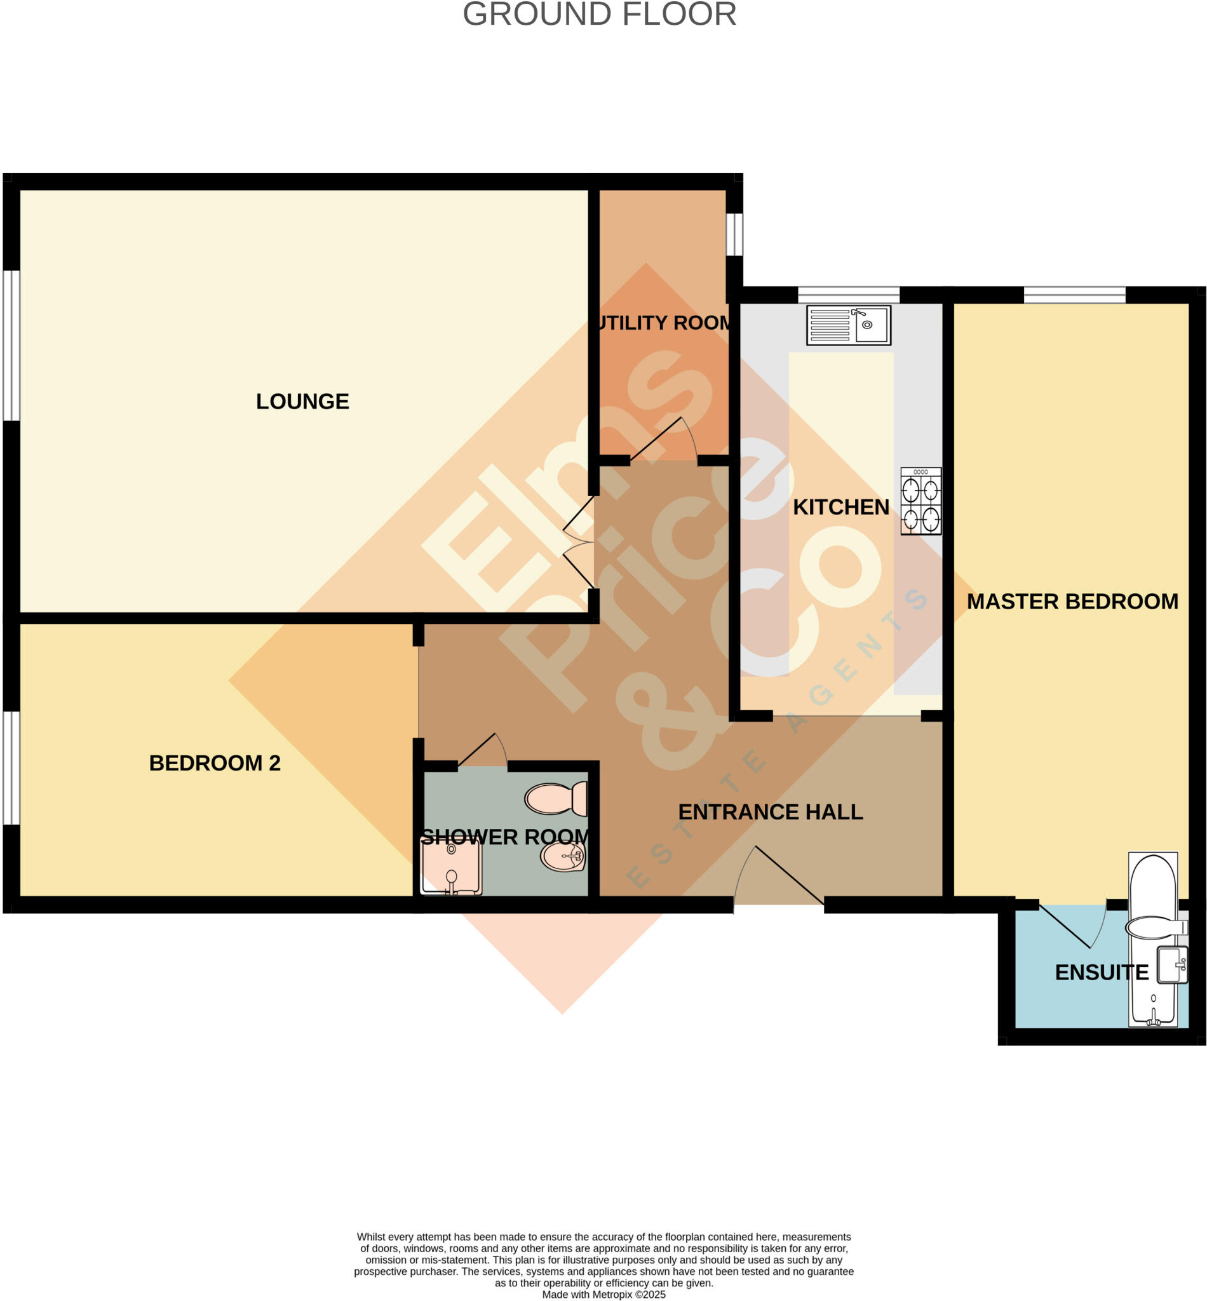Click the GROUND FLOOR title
click(x=599, y=15)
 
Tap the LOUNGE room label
click(x=302, y=401)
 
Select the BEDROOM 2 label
click(x=214, y=763)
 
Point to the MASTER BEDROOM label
click(x=1072, y=602)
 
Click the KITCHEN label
click(x=840, y=508)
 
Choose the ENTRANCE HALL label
click(x=770, y=812)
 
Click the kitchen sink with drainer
click(x=848, y=325)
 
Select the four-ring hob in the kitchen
click(x=920, y=502)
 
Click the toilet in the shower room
click(x=556, y=799)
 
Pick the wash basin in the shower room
click(x=562, y=856)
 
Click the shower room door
click(x=482, y=751)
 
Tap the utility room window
click(x=734, y=234)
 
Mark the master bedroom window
click(x=1074, y=295)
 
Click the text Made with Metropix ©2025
click(x=603, y=1294)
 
